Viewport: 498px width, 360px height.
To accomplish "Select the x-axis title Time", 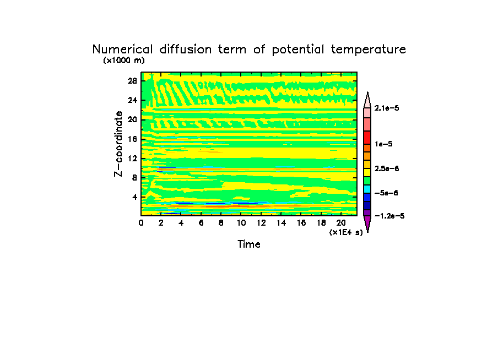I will pyautogui.click(x=248, y=244).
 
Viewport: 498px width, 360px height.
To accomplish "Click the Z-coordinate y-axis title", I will pyautogui.click(x=118, y=144).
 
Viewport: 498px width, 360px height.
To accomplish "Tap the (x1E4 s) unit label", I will pyautogui.click(x=346, y=232).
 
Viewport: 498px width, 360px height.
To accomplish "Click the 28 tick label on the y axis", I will pyautogui.click(x=132, y=80).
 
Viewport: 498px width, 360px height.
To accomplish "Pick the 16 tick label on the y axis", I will pyautogui.click(x=132, y=139).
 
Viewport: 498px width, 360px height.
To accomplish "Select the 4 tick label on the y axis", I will pyautogui.click(x=134, y=197).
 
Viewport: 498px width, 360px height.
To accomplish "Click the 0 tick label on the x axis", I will pyautogui.click(x=141, y=222).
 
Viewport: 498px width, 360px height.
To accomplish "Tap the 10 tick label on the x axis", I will pyautogui.click(x=241, y=222).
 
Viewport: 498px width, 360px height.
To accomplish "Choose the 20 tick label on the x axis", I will pyautogui.click(x=341, y=222).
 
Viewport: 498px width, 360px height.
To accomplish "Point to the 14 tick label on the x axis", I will pyautogui.click(x=281, y=222).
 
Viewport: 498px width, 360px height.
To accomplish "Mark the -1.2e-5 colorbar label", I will pyautogui.click(x=389, y=216).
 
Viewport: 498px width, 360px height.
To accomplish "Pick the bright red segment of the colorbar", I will pyautogui.click(x=367, y=137).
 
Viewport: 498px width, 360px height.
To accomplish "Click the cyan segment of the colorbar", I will pyautogui.click(x=367, y=188).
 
